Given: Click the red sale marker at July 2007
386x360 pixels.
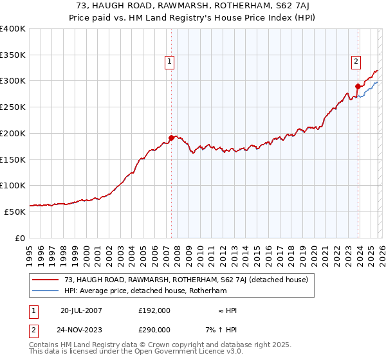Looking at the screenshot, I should point(171,137).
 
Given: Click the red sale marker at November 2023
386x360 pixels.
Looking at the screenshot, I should point(358,85).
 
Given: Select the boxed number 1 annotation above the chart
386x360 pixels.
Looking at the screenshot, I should point(169,62).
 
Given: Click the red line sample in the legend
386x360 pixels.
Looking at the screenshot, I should point(46,280).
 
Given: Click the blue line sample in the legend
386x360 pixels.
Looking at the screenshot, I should point(46,291).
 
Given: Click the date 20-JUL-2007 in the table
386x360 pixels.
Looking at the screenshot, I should point(81,310).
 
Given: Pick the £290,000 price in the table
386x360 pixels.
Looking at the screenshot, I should point(154,329).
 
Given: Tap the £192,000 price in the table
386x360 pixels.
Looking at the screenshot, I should point(154,310).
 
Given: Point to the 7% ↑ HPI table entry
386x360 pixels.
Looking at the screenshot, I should point(221,329).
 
